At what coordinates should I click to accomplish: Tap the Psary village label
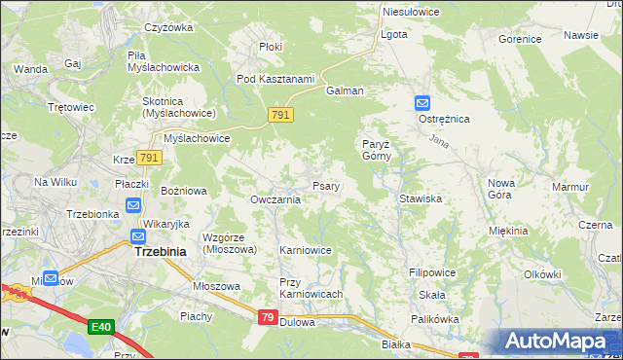coord(325,186)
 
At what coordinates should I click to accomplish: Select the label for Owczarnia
coord(275,199)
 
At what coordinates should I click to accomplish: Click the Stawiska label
coord(421,198)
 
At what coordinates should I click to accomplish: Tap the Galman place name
coord(346,90)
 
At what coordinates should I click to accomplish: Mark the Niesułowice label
coord(412,12)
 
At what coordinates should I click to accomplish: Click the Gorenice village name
coord(520,40)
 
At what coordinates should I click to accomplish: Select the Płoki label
coord(271,46)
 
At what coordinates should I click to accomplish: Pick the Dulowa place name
coord(297,322)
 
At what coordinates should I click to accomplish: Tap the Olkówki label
coord(542,274)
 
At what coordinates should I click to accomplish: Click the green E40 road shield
coord(100,327)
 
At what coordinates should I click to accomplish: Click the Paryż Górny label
coord(376,149)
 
